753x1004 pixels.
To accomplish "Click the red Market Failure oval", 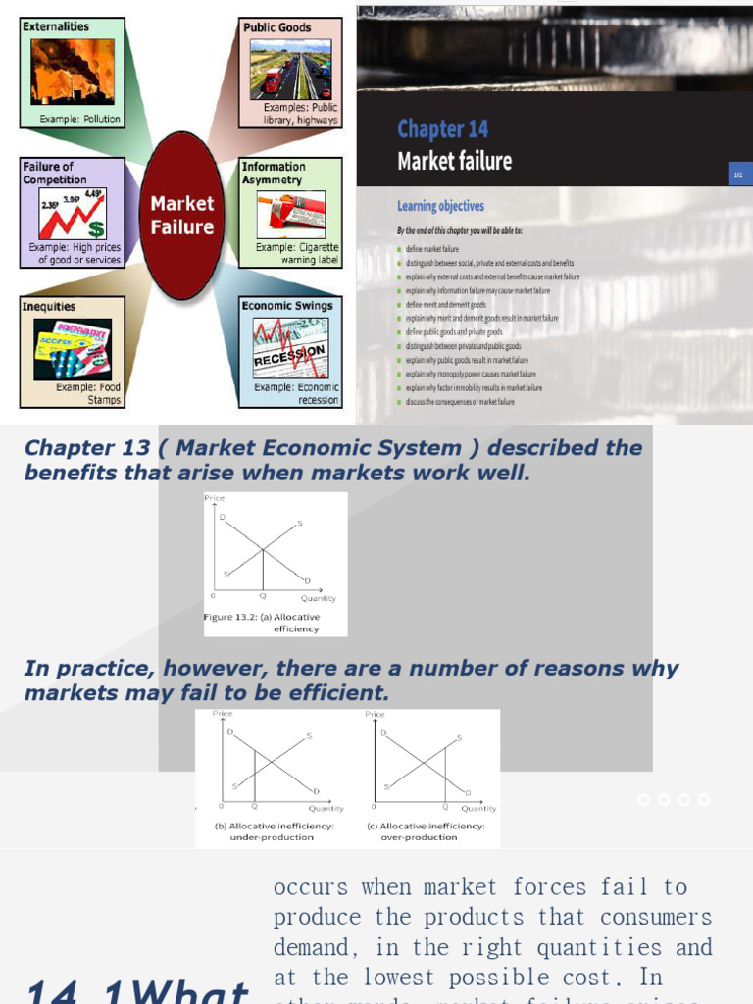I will (181, 216).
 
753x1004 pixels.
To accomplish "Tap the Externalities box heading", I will (56, 26).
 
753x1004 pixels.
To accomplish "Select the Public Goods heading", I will (277, 27).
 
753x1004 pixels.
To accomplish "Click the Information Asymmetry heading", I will (274, 173).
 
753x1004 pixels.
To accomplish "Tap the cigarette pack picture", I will (290, 213).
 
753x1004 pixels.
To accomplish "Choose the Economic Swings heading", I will (287, 306).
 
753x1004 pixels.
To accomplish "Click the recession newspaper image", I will (290, 349).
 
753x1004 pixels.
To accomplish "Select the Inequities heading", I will (49, 306).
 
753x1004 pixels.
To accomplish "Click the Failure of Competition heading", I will (55, 173).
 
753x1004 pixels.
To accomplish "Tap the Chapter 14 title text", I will (442, 128).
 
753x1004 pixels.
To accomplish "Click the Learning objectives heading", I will (440, 206).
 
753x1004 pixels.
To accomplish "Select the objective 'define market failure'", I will (431, 249).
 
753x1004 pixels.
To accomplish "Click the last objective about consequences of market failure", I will (460, 402).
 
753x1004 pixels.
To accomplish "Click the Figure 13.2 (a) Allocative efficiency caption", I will (263, 623).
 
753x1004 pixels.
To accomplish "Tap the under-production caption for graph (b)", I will (275, 831).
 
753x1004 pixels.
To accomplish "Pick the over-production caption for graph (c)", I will (426, 831).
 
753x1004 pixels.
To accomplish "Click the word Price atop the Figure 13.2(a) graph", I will (214, 498).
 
